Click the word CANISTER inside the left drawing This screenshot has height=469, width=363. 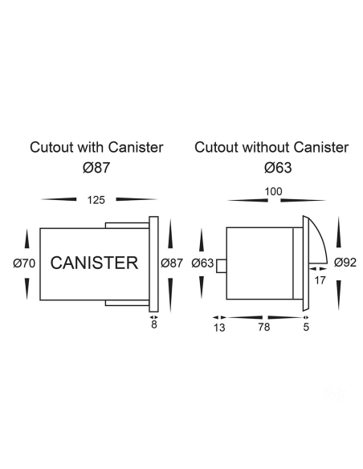(x=94, y=263)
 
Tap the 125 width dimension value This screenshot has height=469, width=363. (x=96, y=200)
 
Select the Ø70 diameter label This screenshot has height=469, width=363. (x=24, y=263)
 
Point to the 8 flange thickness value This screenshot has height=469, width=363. (x=154, y=324)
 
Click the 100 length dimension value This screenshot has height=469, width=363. (x=274, y=191)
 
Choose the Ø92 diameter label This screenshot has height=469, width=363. (x=345, y=263)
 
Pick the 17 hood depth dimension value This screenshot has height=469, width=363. (x=320, y=280)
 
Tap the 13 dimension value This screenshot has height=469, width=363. (x=219, y=328)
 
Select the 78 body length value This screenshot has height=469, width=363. (x=264, y=327)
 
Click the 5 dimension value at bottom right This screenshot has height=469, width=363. (x=306, y=327)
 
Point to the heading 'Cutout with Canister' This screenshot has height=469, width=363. (x=96, y=147)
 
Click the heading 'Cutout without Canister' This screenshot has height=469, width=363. (x=271, y=147)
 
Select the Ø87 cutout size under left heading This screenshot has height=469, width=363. (x=96, y=167)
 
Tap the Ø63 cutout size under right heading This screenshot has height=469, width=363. (x=278, y=167)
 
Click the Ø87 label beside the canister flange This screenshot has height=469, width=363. (x=172, y=263)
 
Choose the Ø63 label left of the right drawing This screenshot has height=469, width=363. (x=202, y=263)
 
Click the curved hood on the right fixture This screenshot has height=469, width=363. (x=320, y=236)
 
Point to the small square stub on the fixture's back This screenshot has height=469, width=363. (x=222, y=266)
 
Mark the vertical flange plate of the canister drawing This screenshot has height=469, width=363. (x=153, y=264)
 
